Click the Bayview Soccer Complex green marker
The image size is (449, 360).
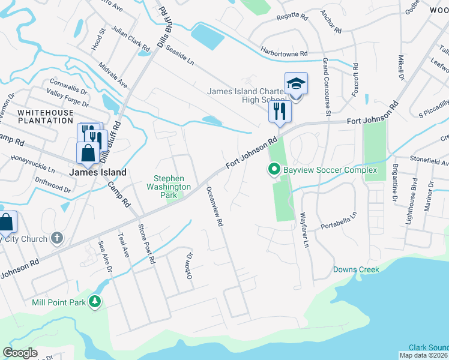(274, 170)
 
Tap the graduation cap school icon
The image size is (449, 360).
(296, 83)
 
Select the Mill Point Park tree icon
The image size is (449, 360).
(95, 302)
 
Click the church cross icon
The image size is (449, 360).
(57, 239)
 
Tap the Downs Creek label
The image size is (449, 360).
(357, 269)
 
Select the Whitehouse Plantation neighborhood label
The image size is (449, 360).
(45, 116)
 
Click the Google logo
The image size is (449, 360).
(20, 353)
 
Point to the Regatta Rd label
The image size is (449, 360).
(291, 18)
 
